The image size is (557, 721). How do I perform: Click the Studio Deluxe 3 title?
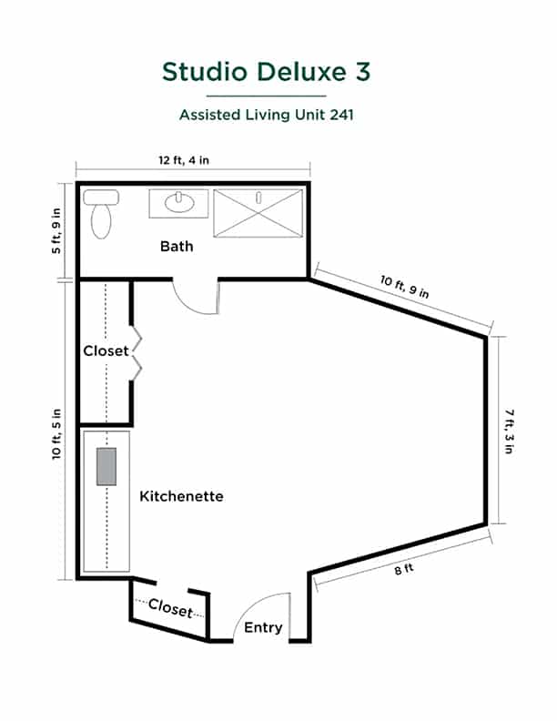(x=266, y=72)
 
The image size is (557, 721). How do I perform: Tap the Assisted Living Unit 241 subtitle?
(x=267, y=115)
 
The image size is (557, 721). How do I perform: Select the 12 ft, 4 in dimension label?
(x=184, y=160)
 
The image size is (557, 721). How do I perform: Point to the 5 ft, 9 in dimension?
(x=56, y=231)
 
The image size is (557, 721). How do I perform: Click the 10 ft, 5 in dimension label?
(x=56, y=434)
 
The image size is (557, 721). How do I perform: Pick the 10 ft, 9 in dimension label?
(x=404, y=287)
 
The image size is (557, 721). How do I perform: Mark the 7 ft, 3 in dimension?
(x=509, y=432)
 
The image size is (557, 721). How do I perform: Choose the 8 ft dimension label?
(x=404, y=569)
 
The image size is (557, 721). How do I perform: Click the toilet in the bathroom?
(x=101, y=214)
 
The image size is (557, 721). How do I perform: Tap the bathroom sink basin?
(x=179, y=202)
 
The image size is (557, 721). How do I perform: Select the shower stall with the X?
(x=258, y=213)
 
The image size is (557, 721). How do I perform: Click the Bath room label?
(x=177, y=247)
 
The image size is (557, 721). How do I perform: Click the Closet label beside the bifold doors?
(x=106, y=350)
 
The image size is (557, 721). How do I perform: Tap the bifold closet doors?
(x=137, y=353)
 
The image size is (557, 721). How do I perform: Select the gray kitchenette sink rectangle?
(x=106, y=466)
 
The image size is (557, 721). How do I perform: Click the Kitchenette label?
(x=181, y=496)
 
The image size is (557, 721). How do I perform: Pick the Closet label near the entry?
(x=170, y=608)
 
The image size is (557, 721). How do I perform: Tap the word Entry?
(x=263, y=627)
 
